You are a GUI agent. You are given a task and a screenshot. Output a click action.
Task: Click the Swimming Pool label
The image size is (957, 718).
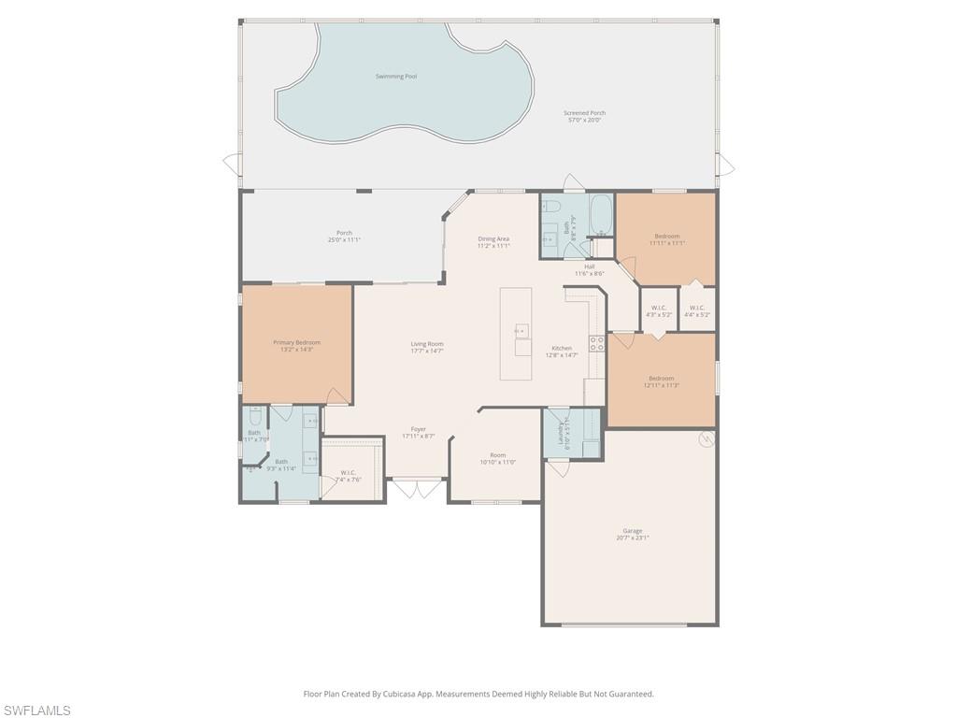(x=395, y=77)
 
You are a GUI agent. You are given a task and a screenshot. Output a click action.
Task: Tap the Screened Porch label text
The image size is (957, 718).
(x=584, y=113)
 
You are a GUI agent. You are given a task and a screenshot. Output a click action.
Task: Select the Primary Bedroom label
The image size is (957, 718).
(x=296, y=343)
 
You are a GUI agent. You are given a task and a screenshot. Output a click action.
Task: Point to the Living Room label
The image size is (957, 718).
(x=426, y=344)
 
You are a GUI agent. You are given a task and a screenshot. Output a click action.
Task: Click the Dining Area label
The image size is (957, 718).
(x=493, y=239)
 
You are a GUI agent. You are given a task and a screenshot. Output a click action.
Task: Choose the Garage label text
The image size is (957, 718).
(x=633, y=531)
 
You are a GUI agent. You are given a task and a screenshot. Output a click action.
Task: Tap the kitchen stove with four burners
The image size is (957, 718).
(x=595, y=342)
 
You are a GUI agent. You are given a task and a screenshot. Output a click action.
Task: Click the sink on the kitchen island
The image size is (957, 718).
(x=521, y=330)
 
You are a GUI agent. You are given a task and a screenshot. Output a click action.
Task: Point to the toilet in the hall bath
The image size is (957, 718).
(x=551, y=206)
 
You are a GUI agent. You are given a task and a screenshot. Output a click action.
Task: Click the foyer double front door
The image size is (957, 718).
(x=417, y=488)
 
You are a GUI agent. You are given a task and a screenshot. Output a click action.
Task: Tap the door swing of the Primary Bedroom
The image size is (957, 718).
(x=338, y=396)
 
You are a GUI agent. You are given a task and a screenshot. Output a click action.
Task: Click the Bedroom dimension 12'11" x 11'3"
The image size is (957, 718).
(x=661, y=385)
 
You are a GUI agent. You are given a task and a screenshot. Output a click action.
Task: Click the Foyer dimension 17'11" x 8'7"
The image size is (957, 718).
(x=419, y=436)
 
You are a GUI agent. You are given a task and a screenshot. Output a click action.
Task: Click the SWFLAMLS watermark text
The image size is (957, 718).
(x=36, y=711)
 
